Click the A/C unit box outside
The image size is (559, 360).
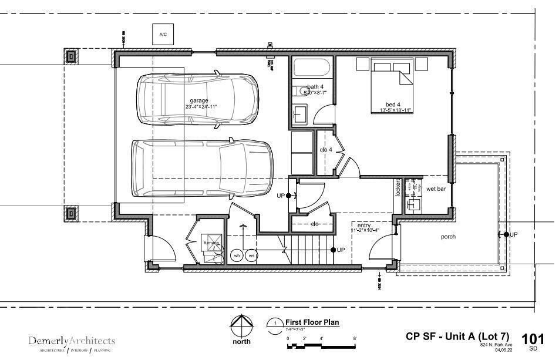163,35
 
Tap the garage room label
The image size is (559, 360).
199,101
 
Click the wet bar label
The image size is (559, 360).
436,189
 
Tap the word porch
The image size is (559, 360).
449,237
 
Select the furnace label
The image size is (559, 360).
211,243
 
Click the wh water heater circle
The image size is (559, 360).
237,255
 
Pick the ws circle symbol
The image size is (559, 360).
252,255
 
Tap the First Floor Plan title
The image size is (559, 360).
312,322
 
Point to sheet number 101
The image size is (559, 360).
533,338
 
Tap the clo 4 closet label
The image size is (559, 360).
326,150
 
